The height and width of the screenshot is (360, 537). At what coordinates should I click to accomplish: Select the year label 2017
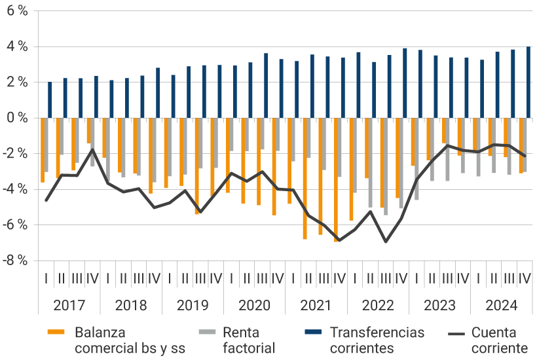pyautogui.click(x=69, y=306)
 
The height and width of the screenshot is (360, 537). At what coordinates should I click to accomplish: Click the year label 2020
pyautogui.click(x=254, y=306)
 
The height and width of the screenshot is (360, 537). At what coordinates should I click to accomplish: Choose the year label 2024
pyautogui.click(x=501, y=306)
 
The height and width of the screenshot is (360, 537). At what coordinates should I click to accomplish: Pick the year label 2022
pyautogui.click(x=378, y=306)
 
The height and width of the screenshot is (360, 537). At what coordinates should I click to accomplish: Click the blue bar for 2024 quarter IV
pyautogui.click(x=528, y=82)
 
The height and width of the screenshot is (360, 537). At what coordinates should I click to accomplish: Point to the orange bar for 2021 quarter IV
pyautogui.click(x=336, y=179)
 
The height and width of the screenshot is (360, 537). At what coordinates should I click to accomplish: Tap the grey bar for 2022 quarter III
pyautogui.click(x=386, y=166)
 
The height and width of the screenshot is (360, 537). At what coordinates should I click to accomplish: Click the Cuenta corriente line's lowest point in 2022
pyautogui.click(x=386, y=242)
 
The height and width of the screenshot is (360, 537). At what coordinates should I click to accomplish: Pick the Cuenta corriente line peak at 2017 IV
pyautogui.click(x=92, y=149)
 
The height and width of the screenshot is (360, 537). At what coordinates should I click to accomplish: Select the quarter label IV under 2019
pyautogui.click(x=215, y=279)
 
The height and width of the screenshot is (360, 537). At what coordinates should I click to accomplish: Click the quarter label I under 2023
pyautogui.click(x=417, y=279)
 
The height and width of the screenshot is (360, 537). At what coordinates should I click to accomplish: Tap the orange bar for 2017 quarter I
pyautogui.click(x=43, y=150)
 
